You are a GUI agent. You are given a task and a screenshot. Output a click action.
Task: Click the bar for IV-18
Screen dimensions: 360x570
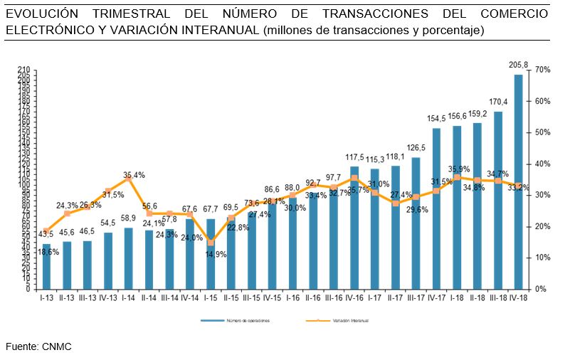519,182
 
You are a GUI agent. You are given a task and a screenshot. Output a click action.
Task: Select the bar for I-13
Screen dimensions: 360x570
46,267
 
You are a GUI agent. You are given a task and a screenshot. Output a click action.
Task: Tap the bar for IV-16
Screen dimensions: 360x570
354,228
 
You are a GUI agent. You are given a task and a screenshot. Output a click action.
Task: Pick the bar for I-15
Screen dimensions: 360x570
211,254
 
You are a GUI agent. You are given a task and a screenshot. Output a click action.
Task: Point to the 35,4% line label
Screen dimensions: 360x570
134,174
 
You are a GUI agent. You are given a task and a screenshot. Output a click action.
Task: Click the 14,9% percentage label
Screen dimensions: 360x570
216,255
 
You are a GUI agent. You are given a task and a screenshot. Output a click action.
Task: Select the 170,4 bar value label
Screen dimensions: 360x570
498,102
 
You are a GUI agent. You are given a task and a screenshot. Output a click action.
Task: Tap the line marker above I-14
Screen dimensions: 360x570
129,179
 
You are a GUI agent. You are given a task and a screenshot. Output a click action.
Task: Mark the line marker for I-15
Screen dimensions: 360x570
211,243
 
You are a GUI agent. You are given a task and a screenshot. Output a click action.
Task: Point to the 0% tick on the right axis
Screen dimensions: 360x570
540,289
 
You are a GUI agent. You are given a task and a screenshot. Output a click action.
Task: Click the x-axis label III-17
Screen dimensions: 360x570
416,297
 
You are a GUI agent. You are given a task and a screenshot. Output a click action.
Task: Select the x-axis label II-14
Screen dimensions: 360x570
149,297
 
